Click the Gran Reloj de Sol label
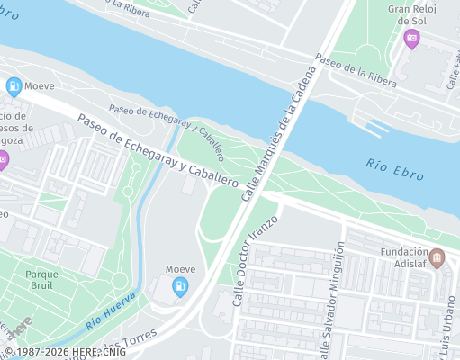point(411,14)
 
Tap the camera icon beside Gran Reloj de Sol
point(411,38)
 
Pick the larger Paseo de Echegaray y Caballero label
point(157,150)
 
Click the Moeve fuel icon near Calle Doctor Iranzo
point(180,288)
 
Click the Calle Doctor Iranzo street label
point(257,260)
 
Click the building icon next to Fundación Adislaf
point(438,259)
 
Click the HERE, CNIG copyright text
point(65,353)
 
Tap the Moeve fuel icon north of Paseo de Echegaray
point(14,87)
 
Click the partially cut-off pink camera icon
point(3,162)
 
